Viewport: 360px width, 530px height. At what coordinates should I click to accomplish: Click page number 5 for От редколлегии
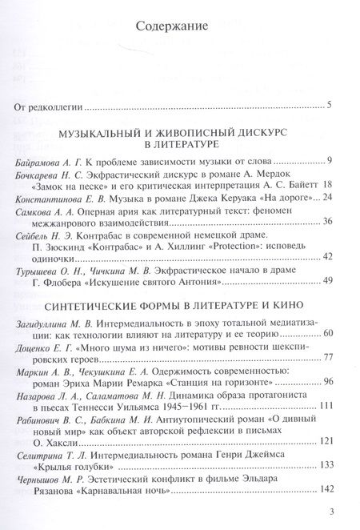pos(341,105)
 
